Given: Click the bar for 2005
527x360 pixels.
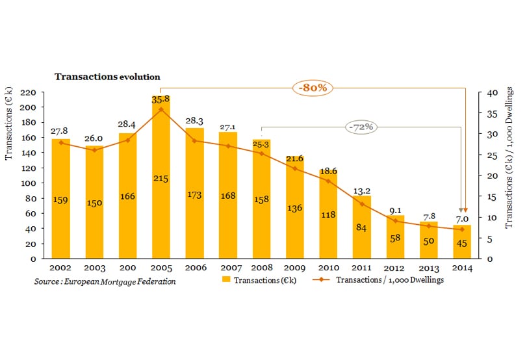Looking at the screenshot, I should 161,195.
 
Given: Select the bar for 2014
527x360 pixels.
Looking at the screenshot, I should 461,247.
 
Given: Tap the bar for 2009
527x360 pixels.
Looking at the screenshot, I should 294,214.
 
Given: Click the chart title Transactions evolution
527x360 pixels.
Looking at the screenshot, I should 107,77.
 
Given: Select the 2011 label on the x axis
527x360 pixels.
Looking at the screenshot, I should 361,266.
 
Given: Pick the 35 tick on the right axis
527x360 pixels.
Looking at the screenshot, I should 491,113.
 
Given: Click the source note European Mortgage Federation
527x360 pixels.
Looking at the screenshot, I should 105,281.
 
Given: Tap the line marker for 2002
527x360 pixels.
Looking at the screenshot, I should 61,142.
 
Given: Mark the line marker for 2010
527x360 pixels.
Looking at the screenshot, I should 328,181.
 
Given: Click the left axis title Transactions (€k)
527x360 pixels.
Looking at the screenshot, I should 10,125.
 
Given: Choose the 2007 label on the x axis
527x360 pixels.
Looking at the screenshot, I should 228,266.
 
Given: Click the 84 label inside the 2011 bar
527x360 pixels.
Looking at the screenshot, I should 361,227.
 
